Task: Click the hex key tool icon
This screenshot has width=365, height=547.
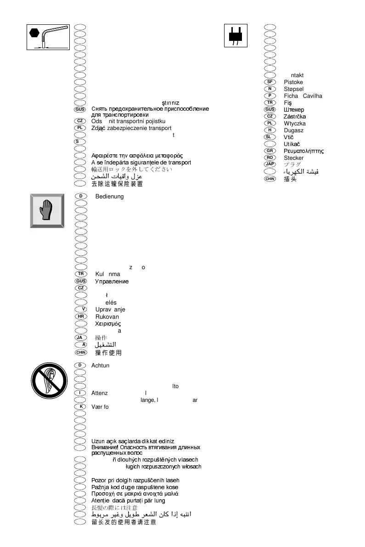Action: [x=44, y=37]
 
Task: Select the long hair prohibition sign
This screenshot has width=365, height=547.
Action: [x=49, y=383]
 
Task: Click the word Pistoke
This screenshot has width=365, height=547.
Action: [x=293, y=82]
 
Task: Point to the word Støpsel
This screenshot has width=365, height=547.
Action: [x=293, y=89]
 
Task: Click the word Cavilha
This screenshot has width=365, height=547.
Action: [x=313, y=96]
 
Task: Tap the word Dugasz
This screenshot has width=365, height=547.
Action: [x=293, y=130]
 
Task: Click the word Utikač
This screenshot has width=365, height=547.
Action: [x=292, y=144]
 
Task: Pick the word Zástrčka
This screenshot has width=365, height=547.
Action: [x=295, y=117]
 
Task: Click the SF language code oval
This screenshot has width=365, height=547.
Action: [x=270, y=82]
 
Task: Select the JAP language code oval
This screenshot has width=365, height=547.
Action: [x=270, y=164]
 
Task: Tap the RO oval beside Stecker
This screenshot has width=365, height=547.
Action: [x=270, y=158]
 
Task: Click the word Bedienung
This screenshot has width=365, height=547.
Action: [x=109, y=197]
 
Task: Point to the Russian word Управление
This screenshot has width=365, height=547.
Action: [x=112, y=281]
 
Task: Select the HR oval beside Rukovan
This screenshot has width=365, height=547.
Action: [x=81, y=316]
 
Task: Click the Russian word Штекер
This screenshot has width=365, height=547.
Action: [x=294, y=110]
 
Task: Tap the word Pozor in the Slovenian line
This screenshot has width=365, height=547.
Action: [x=99, y=480]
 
